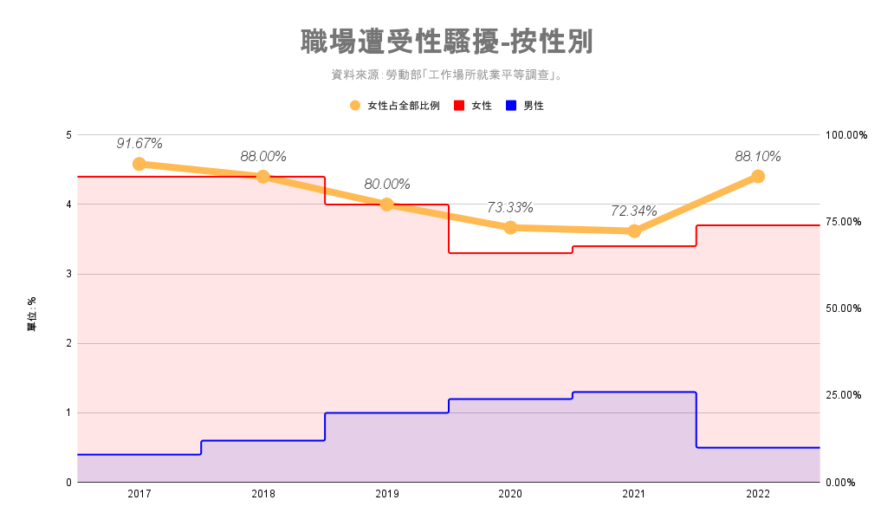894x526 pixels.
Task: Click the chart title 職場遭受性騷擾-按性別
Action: click(447, 42)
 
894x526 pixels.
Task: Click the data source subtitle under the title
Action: click(447, 75)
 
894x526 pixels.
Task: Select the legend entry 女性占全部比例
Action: click(395, 106)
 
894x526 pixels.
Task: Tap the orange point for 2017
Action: click(139, 164)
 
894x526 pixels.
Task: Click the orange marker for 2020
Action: click(510, 228)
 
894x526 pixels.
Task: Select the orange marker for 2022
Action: click(758, 177)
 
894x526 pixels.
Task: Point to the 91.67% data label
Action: click(139, 143)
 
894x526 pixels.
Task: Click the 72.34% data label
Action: click(634, 211)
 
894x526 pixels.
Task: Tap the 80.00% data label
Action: click(387, 184)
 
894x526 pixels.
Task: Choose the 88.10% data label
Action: click(758, 157)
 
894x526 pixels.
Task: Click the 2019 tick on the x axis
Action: click(387, 494)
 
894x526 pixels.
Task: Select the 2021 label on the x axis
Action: click(634, 494)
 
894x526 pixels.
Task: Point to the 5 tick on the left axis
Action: click(68, 135)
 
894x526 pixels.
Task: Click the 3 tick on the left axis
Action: click(68, 274)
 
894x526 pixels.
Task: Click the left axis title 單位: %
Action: click(32, 314)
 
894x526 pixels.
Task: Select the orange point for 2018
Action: click(263, 177)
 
